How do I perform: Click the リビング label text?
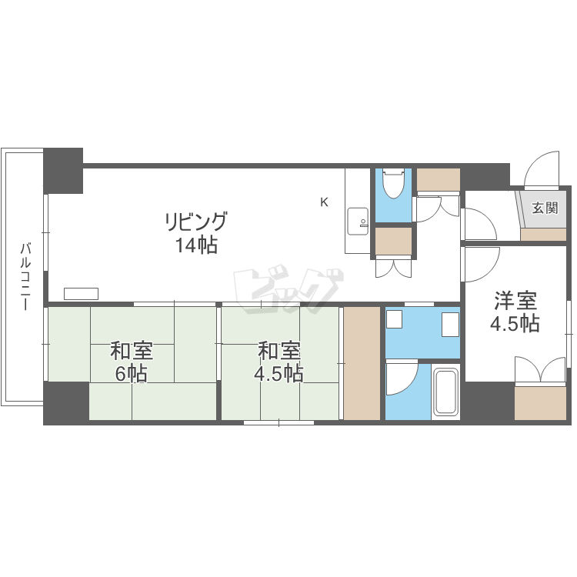195,221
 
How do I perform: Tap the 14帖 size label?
196,245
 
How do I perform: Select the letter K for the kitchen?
324,202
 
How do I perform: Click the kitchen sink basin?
358,221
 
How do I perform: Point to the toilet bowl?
393,184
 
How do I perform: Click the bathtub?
446,392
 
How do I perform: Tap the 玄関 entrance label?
545,208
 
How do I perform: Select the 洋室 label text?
515,301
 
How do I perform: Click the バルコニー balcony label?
25,276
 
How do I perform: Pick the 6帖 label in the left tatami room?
132,374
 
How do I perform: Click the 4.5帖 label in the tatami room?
278,374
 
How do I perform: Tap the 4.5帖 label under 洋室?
515,324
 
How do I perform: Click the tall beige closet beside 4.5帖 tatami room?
362,363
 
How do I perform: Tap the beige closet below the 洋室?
540,403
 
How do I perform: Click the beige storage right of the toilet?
439,179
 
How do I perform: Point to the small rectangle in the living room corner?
81,294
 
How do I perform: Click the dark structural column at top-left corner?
63,171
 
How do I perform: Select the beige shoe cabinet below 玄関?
543,235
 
